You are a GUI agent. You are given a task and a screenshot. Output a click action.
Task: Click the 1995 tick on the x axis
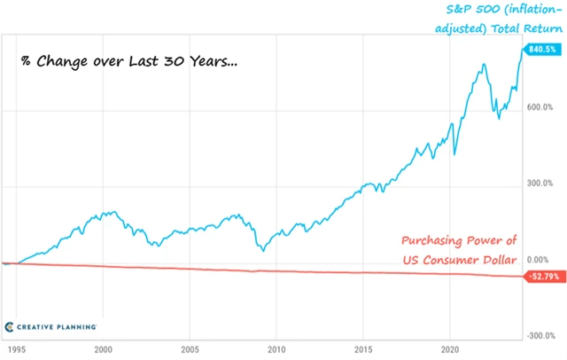13,349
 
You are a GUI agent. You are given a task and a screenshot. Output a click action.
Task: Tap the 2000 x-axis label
104,349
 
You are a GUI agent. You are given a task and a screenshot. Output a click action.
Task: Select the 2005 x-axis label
190,349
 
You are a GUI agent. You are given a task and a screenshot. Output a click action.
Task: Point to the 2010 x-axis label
277,349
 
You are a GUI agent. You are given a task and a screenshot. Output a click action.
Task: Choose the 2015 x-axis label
364,349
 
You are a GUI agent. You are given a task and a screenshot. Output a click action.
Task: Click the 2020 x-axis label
451,349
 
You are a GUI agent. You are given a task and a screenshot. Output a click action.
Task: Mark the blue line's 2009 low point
263,251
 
